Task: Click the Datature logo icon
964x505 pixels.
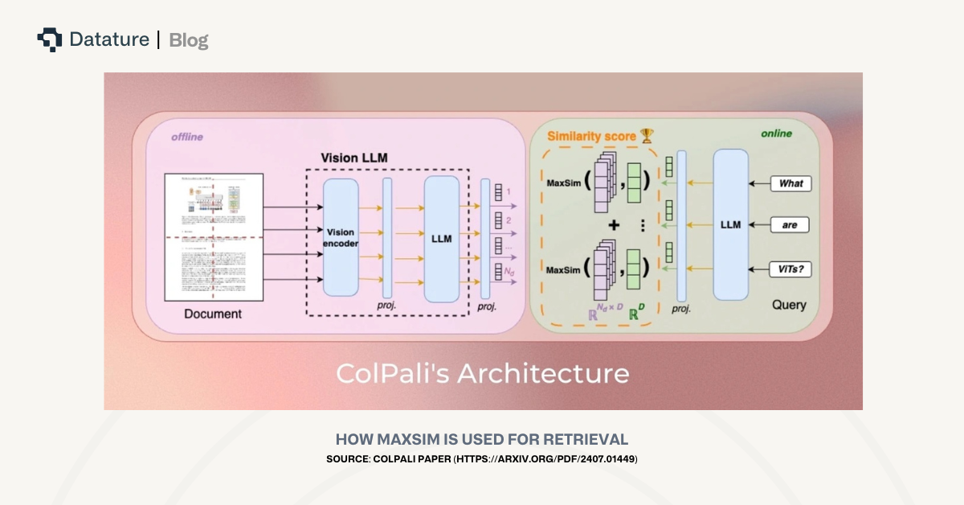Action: tap(49, 39)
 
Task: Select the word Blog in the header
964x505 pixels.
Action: tap(189, 40)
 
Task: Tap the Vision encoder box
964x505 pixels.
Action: tap(341, 237)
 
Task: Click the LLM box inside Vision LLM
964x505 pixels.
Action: tap(441, 239)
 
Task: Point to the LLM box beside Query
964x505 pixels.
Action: tap(730, 224)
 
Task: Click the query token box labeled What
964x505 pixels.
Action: tap(790, 183)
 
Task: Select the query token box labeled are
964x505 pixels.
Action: tap(790, 225)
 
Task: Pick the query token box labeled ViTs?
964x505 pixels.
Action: tap(790, 269)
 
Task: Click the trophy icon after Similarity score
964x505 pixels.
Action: tap(647, 136)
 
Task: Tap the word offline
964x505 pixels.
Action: tap(186, 137)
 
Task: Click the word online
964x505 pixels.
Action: tap(776, 133)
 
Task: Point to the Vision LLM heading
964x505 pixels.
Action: tap(354, 158)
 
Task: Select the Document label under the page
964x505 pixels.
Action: tap(213, 314)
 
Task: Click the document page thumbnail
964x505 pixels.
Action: tap(214, 238)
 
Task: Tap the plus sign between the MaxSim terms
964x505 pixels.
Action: tap(615, 226)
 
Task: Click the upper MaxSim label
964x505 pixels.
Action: tap(563, 183)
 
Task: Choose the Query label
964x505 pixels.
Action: tap(789, 305)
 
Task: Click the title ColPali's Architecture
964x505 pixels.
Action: tap(482, 373)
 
